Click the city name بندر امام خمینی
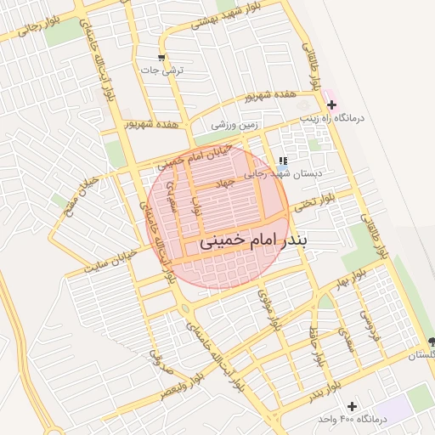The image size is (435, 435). [255, 241]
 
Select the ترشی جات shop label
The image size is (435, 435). [161, 72]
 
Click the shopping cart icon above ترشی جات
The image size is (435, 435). [161, 58]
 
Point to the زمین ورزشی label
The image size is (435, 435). [234, 125]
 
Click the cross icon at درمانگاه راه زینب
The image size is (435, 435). [331, 104]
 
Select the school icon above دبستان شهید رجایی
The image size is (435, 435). [283, 159]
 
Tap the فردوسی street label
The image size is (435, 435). [365, 325]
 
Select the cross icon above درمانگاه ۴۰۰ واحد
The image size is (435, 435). [352, 406]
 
